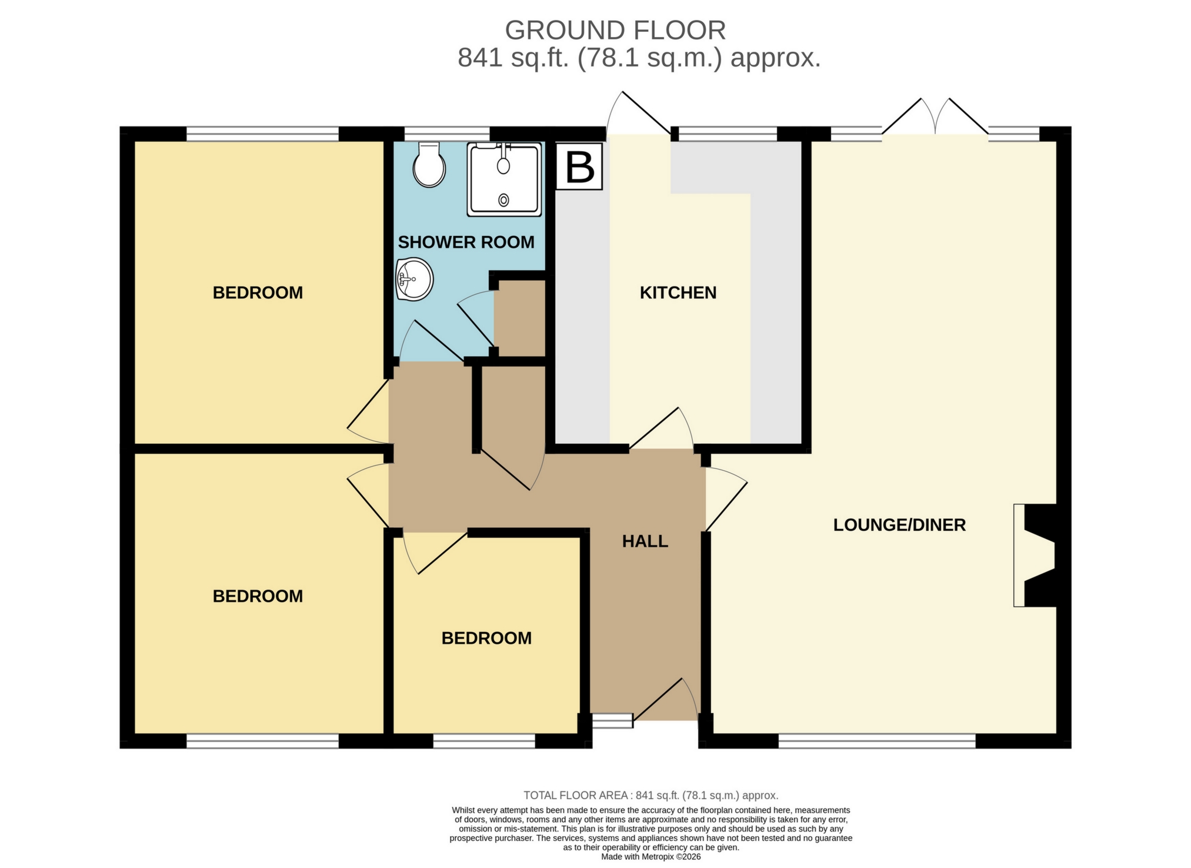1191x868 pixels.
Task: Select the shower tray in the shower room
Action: tap(504, 179)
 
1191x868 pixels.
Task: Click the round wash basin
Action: tap(415, 279)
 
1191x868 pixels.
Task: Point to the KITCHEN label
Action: tap(678, 292)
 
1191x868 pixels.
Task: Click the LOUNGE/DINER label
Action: tap(899, 525)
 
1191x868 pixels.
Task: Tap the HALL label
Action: tap(645, 541)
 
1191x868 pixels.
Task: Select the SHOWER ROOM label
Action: tap(466, 242)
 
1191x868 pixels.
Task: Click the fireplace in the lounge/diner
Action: tap(1036, 555)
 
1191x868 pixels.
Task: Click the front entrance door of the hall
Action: tap(665, 700)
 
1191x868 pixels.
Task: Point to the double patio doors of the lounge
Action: tap(935, 118)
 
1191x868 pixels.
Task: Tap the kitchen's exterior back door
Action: tap(638, 115)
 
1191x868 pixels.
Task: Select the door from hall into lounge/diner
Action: tap(726, 500)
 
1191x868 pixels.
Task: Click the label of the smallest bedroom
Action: tap(486, 638)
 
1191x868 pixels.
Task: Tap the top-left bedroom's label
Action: tap(258, 292)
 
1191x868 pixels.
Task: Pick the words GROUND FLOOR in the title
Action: tap(615, 31)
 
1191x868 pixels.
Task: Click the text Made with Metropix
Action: tap(650, 857)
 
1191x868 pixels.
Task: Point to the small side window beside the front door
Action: tap(612, 721)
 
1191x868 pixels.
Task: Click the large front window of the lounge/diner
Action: tap(876, 741)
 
